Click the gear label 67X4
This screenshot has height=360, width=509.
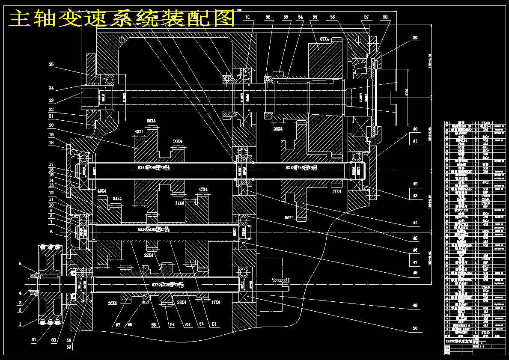tap(325, 39)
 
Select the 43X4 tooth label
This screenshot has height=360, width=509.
tap(140, 132)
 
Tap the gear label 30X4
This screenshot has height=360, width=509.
tap(177, 142)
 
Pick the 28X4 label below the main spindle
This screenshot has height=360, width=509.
tap(277, 128)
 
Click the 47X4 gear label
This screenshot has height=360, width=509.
tap(203, 189)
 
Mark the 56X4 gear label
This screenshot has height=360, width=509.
tap(290, 217)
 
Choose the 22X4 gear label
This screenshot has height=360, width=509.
tap(149, 255)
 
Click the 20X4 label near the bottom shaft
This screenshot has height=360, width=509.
tap(112, 303)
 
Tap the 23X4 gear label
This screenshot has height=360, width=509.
tap(181, 302)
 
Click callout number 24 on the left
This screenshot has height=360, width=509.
tap(51, 88)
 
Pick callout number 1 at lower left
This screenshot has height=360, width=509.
tap(20, 324)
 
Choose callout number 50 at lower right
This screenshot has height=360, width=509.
tap(415, 328)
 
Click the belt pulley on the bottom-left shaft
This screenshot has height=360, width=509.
tap(49, 284)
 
